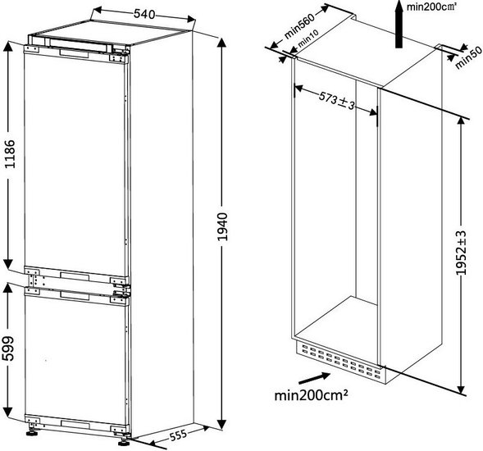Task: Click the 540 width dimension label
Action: [x=144, y=14]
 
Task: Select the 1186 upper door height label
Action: [x=10, y=153]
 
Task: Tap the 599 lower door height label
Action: [x=8, y=348]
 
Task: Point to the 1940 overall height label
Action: [x=221, y=226]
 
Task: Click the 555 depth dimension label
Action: [x=178, y=435]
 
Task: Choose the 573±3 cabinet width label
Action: [x=336, y=100]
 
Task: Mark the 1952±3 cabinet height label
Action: [x=461, y=253]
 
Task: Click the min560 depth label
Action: [x=299, y=26]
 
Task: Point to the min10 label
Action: [x=308, y=39]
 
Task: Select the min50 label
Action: [x=468, y=57]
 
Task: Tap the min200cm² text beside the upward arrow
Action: [x=431, y=7]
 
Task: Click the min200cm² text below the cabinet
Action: [x=311, y=395]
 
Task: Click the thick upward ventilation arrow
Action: [x=399, y=24]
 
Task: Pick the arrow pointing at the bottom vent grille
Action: [x=314, y=378]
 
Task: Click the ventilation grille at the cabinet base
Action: [x=341, y=361]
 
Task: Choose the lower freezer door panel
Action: [x=75, y=358]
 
